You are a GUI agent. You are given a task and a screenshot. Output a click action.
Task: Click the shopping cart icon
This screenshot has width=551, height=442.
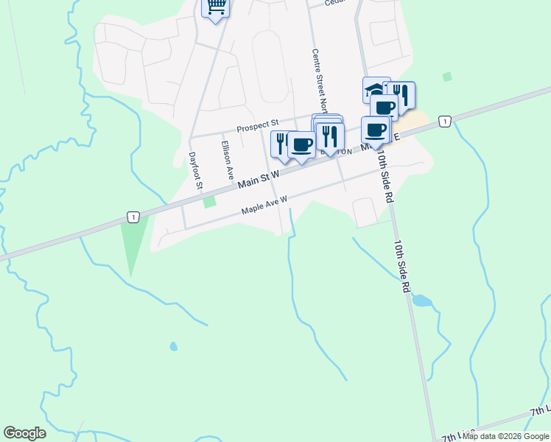point(216,7)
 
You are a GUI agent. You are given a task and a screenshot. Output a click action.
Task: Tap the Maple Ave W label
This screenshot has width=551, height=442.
point(264,205)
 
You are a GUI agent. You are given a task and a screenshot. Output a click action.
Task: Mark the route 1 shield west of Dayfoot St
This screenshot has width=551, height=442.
point(132,217)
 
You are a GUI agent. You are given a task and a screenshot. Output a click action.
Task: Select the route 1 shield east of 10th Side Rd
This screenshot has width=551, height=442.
point(444,121)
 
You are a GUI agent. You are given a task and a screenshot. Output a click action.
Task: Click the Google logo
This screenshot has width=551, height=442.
point(24,433)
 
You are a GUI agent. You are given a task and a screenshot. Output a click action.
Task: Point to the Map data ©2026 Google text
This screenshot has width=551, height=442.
point(505,436)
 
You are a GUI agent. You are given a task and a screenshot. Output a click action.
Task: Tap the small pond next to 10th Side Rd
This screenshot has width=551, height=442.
point(421,301)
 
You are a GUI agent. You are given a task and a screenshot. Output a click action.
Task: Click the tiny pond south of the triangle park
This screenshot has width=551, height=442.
point(173,346)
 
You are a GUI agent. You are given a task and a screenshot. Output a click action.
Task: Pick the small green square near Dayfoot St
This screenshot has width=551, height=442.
point(209,201)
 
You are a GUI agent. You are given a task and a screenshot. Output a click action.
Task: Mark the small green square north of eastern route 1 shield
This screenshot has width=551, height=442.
point(446,77)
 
